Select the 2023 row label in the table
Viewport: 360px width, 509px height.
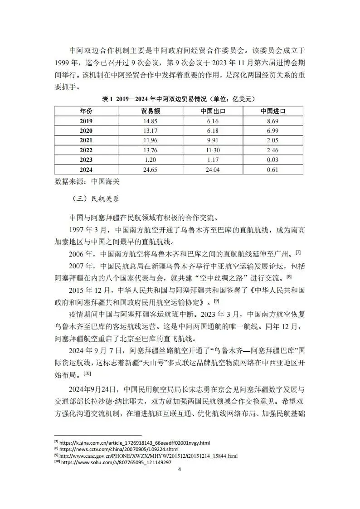86,160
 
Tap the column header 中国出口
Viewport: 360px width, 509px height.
213,111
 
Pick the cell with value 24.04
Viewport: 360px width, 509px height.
213,170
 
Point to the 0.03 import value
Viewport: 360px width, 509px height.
273,160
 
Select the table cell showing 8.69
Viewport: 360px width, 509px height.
273,121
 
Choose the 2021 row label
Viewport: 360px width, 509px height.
86,140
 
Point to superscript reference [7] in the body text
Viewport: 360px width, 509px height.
298,252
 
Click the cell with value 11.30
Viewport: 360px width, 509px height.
213,150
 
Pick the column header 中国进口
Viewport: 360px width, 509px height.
273,111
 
